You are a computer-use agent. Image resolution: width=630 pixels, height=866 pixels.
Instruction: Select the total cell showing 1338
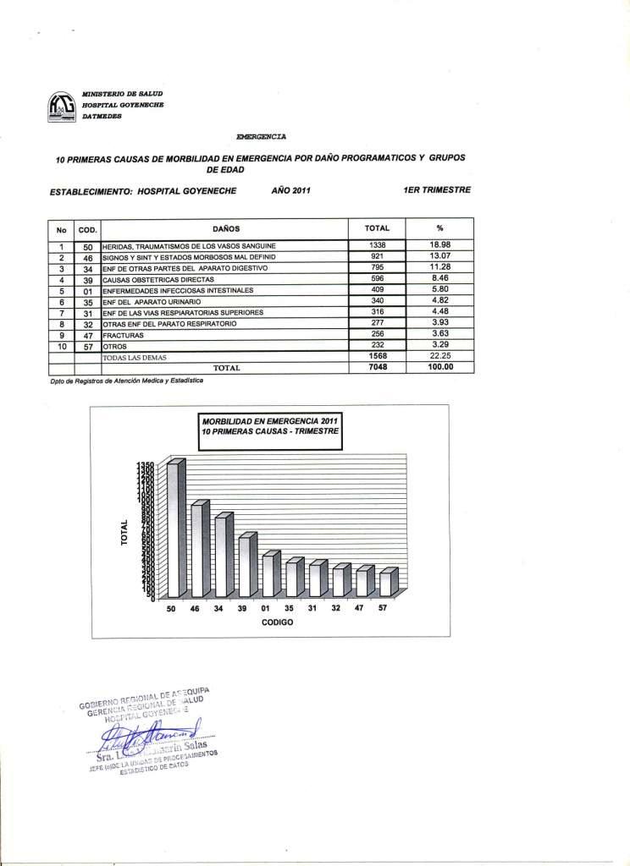pyautogui.click(x=378, y=245)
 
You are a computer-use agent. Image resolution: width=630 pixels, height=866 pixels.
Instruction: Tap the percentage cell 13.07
pyautogui.click(x=439, y=256)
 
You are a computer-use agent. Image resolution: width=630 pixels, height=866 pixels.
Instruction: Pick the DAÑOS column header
pyautogui.click(x=226, y=228)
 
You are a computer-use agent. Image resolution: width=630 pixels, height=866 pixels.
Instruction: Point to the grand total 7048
pyautogui.click(x=378, y=368)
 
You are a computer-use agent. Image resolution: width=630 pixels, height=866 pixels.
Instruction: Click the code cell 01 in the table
pyautogui.click(x=87, y=290)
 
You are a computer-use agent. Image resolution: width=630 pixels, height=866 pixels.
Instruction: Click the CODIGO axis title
pyautogui.click(x=277, y=622)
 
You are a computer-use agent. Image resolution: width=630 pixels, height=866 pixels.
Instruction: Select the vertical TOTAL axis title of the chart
pyautogui.click(x=124, y=530)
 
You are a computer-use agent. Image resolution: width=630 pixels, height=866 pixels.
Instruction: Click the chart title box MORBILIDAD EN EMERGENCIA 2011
pyautogui.click(x=269, y=425)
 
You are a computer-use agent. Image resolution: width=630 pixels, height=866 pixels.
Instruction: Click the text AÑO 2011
pyautogui.click(x=291, y=189)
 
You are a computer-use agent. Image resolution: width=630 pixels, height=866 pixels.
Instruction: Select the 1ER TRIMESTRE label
pyautogui.click(x=439, y=189)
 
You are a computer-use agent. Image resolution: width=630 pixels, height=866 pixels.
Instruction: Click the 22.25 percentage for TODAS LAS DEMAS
pyautogui.click(x=439, y=358)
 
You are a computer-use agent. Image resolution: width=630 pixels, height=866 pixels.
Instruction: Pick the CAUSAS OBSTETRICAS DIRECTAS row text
pyautogui.click(x=158, y=279)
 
